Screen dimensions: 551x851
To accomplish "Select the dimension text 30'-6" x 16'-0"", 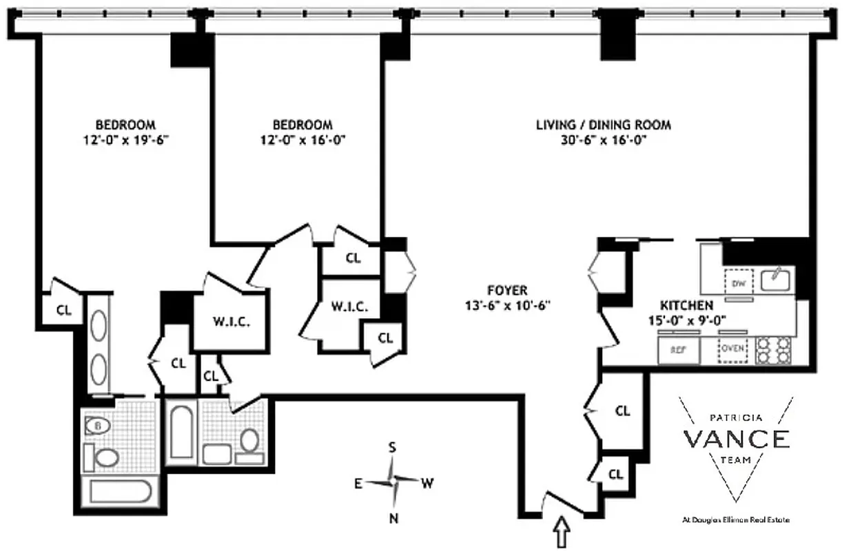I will click(x=603, y=140).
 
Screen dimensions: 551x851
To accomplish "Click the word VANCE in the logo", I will click(x=736, y=439).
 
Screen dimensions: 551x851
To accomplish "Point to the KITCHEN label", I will click(x=686, y=304).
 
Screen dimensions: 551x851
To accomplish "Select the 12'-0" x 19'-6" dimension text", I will click(x=125, y=140).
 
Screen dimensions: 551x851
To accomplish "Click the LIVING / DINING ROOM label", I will click(x=603, y=125).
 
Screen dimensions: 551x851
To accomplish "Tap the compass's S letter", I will click(x=393, y=447).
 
